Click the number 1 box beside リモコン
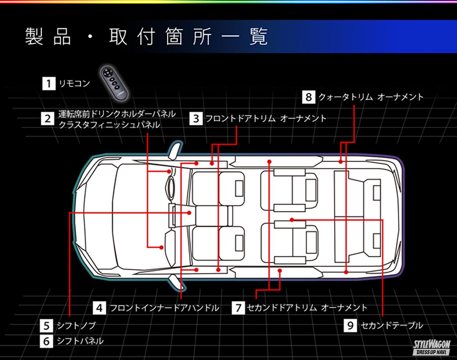click(x=49, y=84)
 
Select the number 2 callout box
click(x=47, y=118)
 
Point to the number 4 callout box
click(x=99, y=308)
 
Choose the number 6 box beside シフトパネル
click(x=46, y=341)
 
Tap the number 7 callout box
click(x=237, y=308)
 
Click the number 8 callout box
click(x=308, y=97)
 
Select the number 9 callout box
click(x=350, y=325)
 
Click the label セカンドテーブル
click(x=391, y=325)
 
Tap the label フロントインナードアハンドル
click(x=164, y=308)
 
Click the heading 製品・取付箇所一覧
click(x=147, y=37)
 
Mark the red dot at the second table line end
click(x=292, y=220)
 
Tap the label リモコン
click(x=74, y=84)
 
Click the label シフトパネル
click(x=80, y=341)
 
